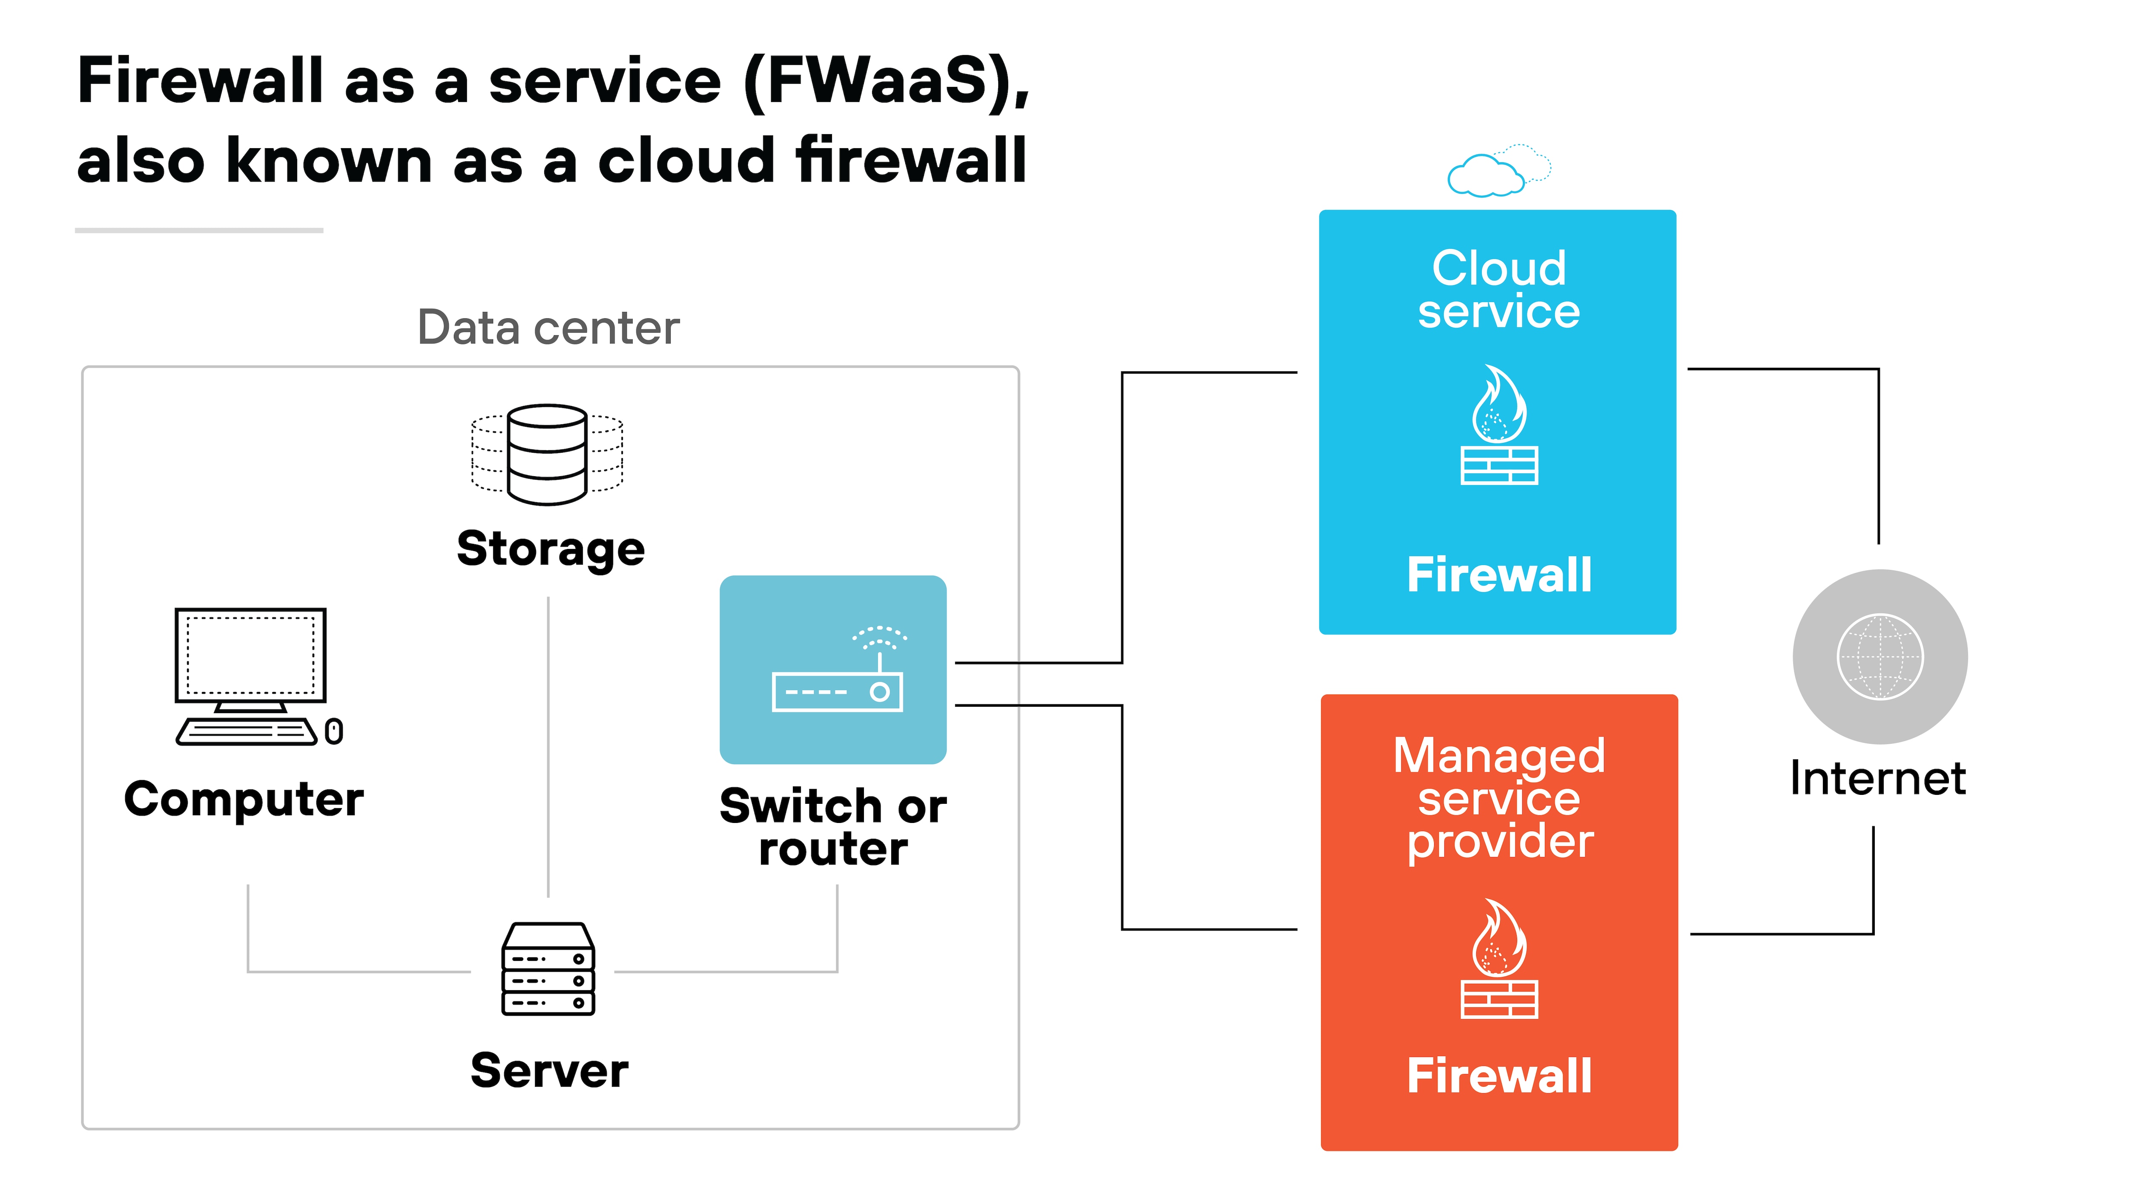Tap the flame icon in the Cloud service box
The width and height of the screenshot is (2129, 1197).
1498,405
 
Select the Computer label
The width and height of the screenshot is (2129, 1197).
244,800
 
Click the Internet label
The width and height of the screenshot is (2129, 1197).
1878,778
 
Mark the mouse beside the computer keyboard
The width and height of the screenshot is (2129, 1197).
334,731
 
